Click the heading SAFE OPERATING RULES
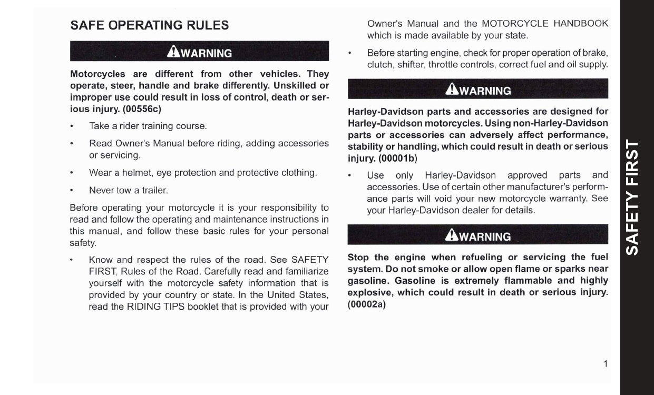click(150, 25)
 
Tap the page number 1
click(606, 363)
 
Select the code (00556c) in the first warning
click(142, 110)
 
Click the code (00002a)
click(367, 304)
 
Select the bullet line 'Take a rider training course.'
click(148, 126)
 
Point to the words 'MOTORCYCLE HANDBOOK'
click(545, 24)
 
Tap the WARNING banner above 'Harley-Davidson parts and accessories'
click(478, 90)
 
